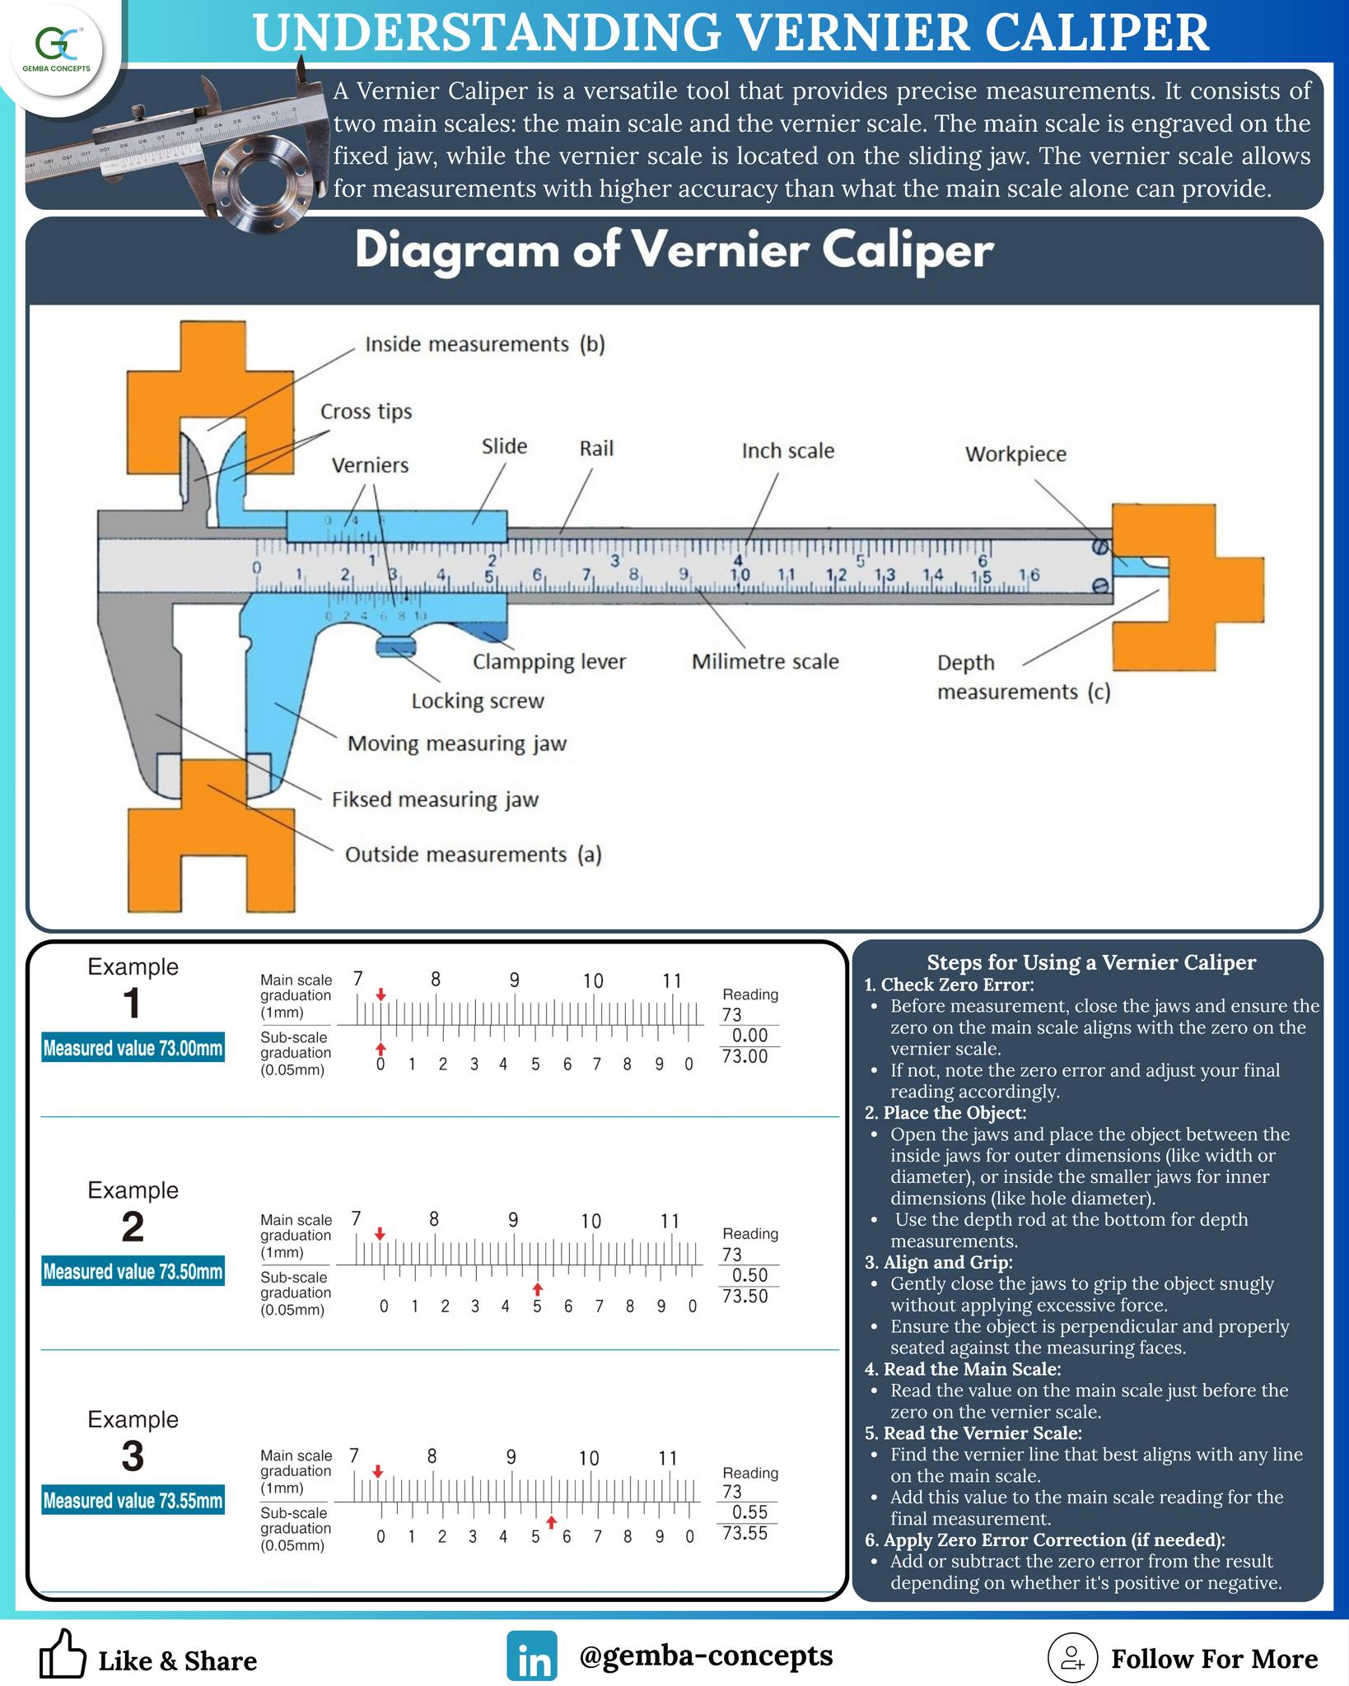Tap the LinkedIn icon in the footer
[x=532, y=1656]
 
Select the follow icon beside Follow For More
[x=1072, y=1657]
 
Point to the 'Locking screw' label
[x=478, y=701]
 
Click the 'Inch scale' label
[x=788, y=450]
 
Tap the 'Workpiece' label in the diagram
[x=1015, y=454]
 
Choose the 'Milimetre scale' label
[x=765, y=661]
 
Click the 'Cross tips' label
[x=366, y=412]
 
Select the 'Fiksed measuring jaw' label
[x=435, y=799]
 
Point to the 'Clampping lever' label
[x=549, y=662]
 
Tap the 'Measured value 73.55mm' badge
[x=133, y=1501]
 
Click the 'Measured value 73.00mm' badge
[x=133, y=1048]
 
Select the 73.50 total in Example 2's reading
[x=745, y=1296]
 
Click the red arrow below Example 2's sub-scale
[x=537, y=1288]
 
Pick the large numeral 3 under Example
[x=133, y=1455]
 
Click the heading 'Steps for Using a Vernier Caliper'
[x=1091, y=962]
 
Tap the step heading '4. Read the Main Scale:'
[x=963, y=1369]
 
